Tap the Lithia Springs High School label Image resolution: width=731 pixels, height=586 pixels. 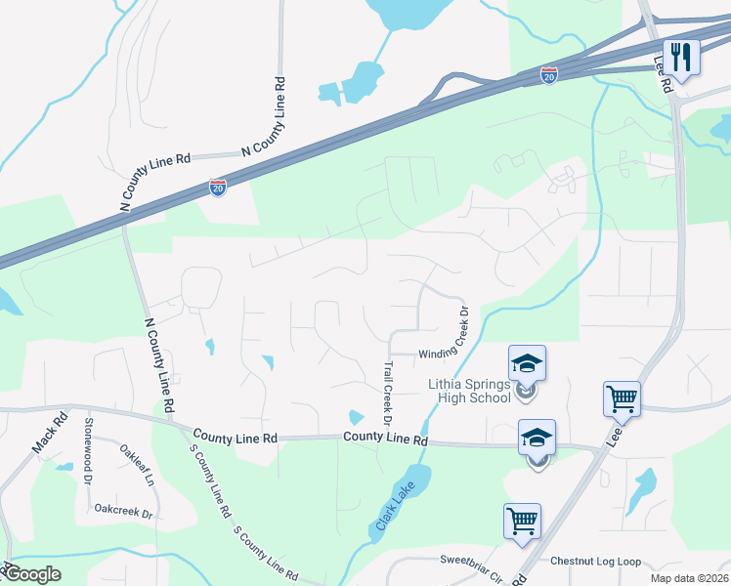click(469, 391)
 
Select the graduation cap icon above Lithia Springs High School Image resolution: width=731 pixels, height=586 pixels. click(527, 364)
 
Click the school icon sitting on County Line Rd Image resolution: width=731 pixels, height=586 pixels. click(537, 439)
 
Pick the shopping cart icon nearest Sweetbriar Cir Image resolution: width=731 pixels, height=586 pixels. click(522, 521)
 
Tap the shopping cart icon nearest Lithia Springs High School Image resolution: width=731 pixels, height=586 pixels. click(622, 398)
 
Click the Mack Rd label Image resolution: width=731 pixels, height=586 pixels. click(49, 433)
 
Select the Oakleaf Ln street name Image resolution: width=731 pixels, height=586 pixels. click(137, 467)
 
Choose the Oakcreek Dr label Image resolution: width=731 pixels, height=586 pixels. click(124, 511)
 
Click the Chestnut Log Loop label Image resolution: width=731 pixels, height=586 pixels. click(595, 562)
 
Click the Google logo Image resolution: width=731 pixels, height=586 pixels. click(33, 574)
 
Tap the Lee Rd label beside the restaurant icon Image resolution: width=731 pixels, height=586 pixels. click(664, 74)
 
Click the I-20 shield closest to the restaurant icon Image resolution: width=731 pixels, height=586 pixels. click(550, 74)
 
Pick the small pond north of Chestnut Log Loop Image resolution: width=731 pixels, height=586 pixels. click(644, 488)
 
